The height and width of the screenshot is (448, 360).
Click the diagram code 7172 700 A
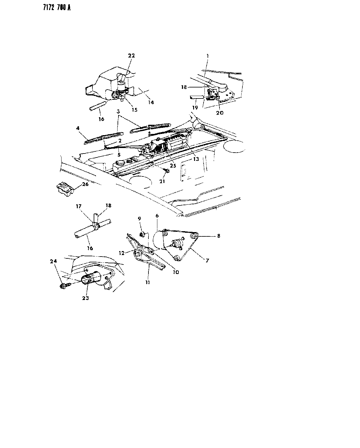pyautogui.click(x=57, y=8)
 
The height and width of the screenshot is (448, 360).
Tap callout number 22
pyautogui.click(x=131, y=56)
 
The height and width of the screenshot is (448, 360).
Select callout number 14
pyautogui.click(x=151, y=102)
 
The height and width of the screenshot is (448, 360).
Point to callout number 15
pyautogui.click(x=135, y=110)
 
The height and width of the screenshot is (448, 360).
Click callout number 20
pyautogui.click(x=220, y=113)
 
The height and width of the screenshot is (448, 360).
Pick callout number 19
pyautogui.click(x=195, y=108)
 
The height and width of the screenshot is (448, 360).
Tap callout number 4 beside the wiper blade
pyautogui.click(x=78, y=128)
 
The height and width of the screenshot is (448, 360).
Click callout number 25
pyautogui.click(x=173, y=165)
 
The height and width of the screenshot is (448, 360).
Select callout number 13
pyautogui.click(x=196, y=159)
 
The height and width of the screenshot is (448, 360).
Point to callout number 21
pyautogui.click(x=162, y=181)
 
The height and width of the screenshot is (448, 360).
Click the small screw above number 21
pyautogui.click(x=167, y=171)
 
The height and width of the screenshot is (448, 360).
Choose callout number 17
pyautogui.click(x=78, y=206)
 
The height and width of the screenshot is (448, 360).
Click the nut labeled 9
pyautogui.click(x=142, y=235)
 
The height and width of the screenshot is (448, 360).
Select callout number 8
pyautogui.click(x=219, y=236)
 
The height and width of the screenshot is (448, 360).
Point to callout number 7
pyautogui.click(x=207, y=261)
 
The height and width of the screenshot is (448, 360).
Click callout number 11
pyautogui.click(x=148, y=283)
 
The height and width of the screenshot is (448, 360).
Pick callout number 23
pyautogui.click(x=85, y=298)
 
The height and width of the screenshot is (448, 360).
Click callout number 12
pyautogui.click(x=122, y=253)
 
